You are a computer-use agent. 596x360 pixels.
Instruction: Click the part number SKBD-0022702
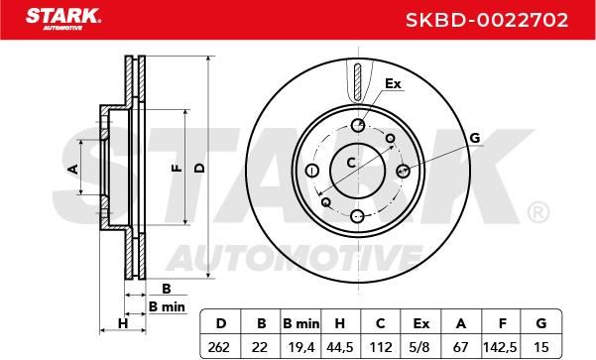click(x=487, y=20)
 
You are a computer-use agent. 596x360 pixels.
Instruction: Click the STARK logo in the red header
click(x=63, y=19)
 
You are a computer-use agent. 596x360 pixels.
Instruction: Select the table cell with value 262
click(x=219, y=347)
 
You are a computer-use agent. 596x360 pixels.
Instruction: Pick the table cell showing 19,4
click(x=300, y=347)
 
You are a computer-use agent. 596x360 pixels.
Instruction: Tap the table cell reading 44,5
click(x=340, y=347)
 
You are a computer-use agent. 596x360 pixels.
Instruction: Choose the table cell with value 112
click(x=381, y=347)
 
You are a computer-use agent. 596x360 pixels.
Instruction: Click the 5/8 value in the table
click(x=420, y=347)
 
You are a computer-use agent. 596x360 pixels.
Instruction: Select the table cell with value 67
click(x=461, y=347)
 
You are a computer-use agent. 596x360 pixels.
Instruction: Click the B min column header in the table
click(x=301, y=323)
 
